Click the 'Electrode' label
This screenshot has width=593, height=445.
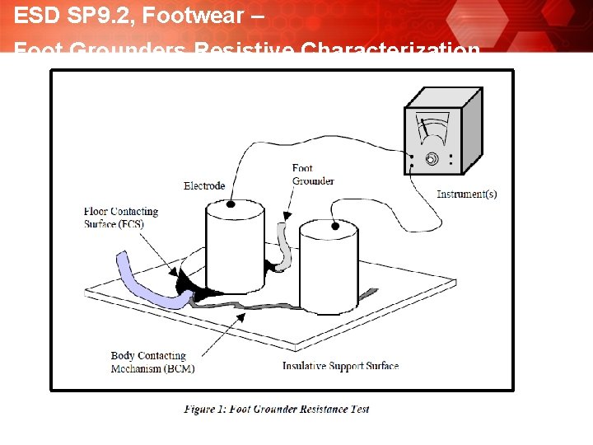[x=204, y=185]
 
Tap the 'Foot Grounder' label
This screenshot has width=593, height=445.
[x=312, y=175]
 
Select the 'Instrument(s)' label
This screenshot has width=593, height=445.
[x=466, y=194]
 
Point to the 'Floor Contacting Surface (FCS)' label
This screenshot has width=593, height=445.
[x=120, y=218]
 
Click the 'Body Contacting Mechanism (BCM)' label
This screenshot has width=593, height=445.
[x=152, y=363]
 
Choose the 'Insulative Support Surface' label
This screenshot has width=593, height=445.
[x=340, y=366]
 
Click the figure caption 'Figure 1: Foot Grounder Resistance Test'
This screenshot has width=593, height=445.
[x=276, y=409]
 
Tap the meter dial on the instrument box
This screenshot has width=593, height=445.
[x=432, y=129]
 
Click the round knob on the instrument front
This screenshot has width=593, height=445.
[x=431, y=159]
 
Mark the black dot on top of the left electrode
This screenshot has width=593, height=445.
[x=231, y=203]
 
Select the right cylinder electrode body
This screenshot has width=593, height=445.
[x=329, y=272]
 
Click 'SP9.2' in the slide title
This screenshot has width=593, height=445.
[x=91, y=15]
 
